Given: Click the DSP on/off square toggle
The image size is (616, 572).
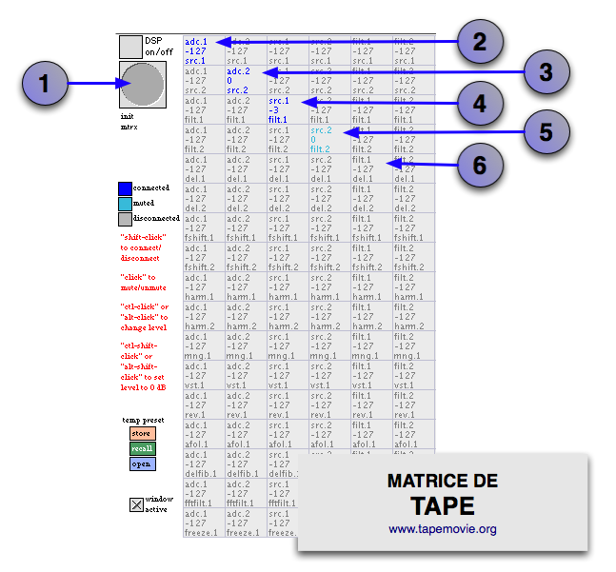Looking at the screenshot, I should (130, 48).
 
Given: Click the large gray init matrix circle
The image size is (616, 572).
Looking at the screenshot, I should (142, 86).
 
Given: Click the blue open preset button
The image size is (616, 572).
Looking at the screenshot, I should (142, 464).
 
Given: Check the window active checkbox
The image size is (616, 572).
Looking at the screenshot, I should (136, 504).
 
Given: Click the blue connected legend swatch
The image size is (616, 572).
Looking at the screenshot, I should (125, 188).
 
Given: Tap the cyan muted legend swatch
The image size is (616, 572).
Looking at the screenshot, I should (125, 204).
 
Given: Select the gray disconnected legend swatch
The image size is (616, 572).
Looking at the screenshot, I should (125, 219).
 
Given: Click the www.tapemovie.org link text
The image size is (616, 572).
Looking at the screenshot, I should (442, 529).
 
